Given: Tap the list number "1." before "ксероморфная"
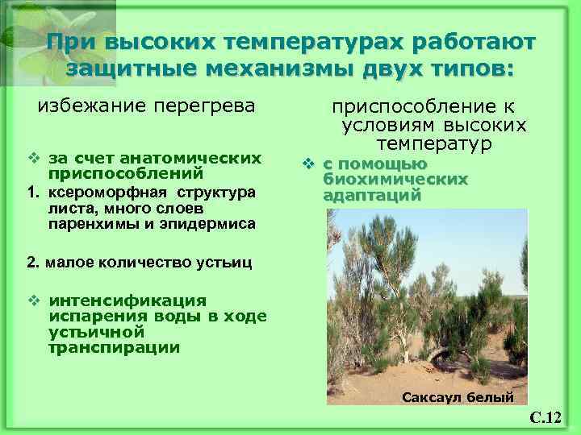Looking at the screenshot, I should (33, 192).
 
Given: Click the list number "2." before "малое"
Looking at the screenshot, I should (33, 262).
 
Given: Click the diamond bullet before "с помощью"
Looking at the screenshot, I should (307, 164).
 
